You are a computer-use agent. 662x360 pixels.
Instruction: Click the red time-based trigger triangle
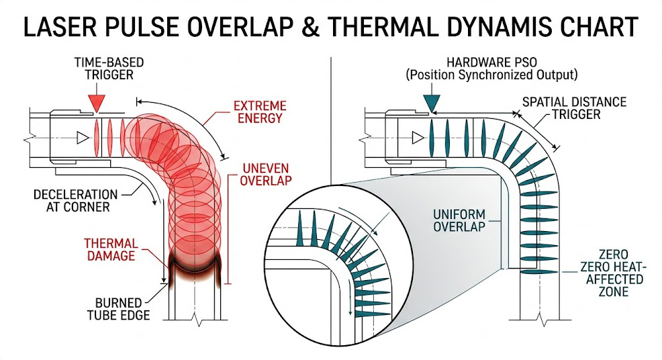tap(97, 103)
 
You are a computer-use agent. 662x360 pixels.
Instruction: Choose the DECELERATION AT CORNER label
tap(75, 201)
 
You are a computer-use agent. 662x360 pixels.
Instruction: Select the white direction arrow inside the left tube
tap(83, 138)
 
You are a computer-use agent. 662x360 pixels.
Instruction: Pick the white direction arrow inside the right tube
tap(418, 138)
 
